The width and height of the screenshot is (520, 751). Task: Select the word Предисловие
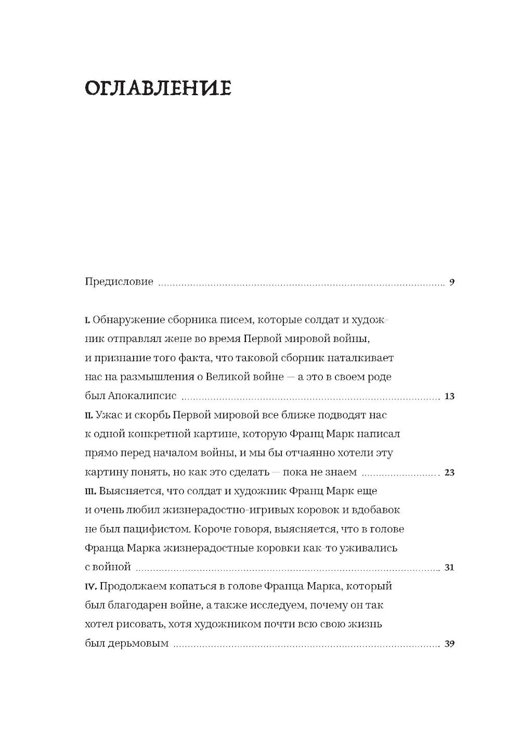(119, 282)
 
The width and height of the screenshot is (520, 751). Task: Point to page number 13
(450, 396)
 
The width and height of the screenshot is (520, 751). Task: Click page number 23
(450, 472)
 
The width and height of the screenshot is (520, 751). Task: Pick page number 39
(450, 643)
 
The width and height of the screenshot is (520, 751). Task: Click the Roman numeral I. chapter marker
(87, 320)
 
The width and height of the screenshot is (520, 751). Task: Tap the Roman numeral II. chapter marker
(88, 415)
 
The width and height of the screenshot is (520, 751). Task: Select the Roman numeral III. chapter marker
(90, 491)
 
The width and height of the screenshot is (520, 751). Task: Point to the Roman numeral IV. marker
(89, 587)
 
